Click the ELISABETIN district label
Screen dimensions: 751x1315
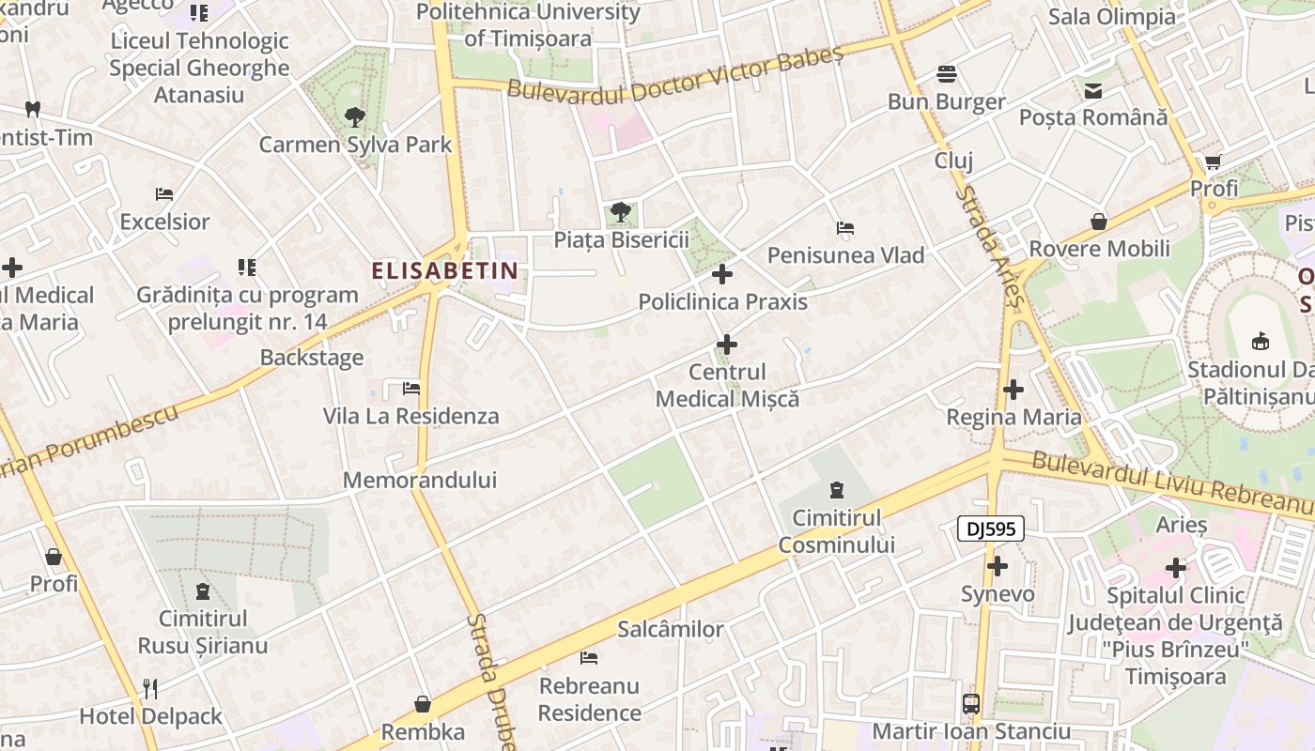tap(445, 271)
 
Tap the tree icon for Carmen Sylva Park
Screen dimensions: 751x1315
tap(355, 117)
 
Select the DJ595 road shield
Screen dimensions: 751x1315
tap(991, 529)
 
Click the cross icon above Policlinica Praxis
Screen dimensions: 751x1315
tap(721, 274)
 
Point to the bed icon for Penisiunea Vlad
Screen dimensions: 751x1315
tap(844, 227)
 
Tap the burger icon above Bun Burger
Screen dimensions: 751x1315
tap(946, 74)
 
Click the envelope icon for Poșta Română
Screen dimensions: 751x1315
tap(1093, 91)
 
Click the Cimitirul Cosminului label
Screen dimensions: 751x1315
tap(836, 531)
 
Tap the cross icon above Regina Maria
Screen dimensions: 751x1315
tap(1013, 389)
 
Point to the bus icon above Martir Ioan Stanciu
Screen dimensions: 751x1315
tap(971, 703)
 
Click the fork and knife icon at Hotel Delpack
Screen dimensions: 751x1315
tap(150, 689)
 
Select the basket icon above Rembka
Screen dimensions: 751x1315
tap(423, 704)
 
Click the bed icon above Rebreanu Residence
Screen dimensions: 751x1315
tap(589, 657)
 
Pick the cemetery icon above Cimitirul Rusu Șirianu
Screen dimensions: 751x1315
tap(202, 591)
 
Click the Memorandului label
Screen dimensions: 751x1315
tap(419, 481)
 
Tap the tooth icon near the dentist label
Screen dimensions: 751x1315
tap(32, 109)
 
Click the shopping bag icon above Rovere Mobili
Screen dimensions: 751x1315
tap(1099, 222)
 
